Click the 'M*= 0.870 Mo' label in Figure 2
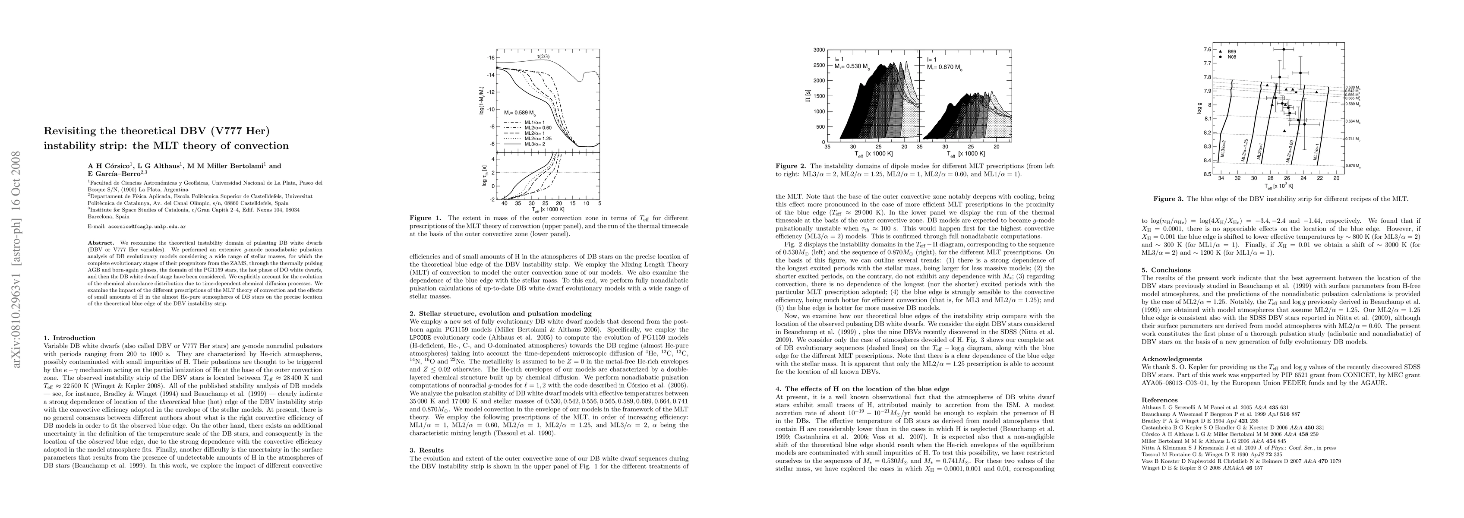pos(943,67)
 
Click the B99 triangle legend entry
pos(1229,51)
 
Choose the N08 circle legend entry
pos(1229,57)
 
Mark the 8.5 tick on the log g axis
pos(1204,174)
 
